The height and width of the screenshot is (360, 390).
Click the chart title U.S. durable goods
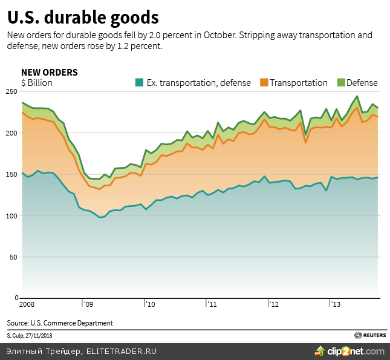[83, 16]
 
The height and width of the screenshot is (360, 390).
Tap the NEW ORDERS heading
[49, 73]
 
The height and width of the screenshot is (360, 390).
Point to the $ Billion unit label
[36, 83]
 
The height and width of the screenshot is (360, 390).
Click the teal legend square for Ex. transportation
[138, 83]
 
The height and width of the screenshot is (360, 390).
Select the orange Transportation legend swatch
[264, 83]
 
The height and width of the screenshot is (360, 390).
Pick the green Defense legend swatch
[340, 83]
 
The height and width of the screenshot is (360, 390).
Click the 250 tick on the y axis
[11, 91]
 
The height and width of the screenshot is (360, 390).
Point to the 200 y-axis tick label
[11, 133]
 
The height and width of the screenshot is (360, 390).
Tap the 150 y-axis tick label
[11, 174]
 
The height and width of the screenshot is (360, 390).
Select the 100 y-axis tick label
[11, 216]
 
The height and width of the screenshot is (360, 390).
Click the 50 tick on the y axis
[13, 257]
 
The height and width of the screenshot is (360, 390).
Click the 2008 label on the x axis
[28, 304]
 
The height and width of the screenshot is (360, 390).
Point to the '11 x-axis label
[212, 304]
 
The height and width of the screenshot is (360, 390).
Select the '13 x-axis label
[335, 304]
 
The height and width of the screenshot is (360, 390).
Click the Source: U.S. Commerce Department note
[60, 323]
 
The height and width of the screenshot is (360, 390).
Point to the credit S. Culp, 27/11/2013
[30, 335]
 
